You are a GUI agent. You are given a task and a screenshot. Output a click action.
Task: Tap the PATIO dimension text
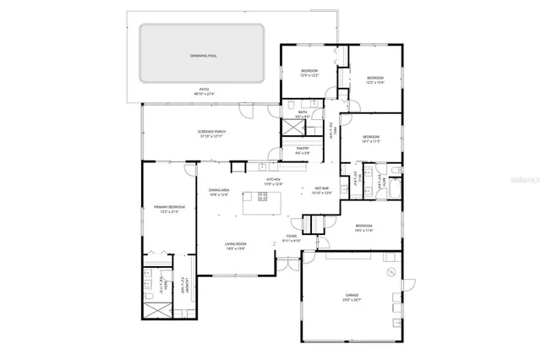click(x=204, y=94)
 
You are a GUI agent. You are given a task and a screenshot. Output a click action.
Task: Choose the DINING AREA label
click(x=220, y=193)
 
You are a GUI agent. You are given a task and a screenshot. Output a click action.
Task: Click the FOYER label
click(x=291, y=237)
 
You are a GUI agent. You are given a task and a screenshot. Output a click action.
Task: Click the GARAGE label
click(x=351, y=297)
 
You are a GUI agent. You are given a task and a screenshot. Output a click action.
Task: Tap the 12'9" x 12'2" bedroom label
click(x=309, y=73)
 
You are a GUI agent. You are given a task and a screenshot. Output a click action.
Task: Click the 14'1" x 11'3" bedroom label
click(x=371, y=139)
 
